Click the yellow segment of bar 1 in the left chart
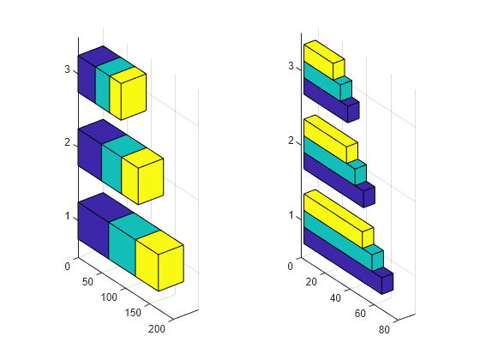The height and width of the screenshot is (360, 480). coord(159,261)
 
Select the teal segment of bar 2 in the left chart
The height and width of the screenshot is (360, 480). coord(123,162)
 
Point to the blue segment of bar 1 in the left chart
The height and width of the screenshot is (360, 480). coord(98,224)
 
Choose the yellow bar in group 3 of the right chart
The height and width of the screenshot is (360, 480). coord(325,60)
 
